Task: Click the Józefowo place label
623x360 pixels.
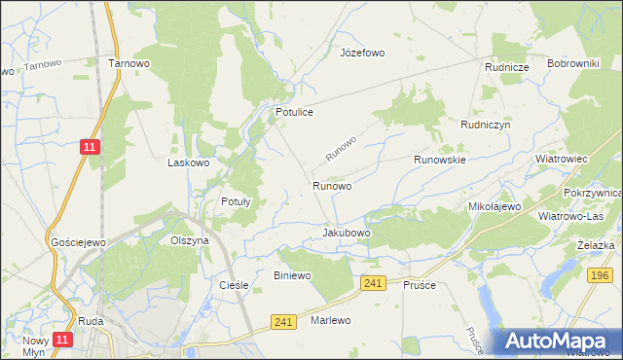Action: point(360,52)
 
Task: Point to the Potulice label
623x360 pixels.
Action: point(293,113)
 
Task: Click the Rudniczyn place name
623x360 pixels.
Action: point(486,126)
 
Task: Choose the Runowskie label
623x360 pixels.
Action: point(440,159)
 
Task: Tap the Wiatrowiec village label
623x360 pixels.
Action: point(562,158)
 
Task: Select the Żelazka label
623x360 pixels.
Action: point(595,245)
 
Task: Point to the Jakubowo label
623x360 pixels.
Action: point(347,234)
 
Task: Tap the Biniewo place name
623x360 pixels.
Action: point(292,275)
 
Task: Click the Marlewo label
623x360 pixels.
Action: point(330,320)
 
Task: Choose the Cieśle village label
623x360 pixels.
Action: point(235,285)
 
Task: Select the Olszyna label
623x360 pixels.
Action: point(190,240)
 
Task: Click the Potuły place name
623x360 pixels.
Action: point(236,202)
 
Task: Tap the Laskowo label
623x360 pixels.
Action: point(189,162)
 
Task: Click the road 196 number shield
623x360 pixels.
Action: point(601,276)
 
